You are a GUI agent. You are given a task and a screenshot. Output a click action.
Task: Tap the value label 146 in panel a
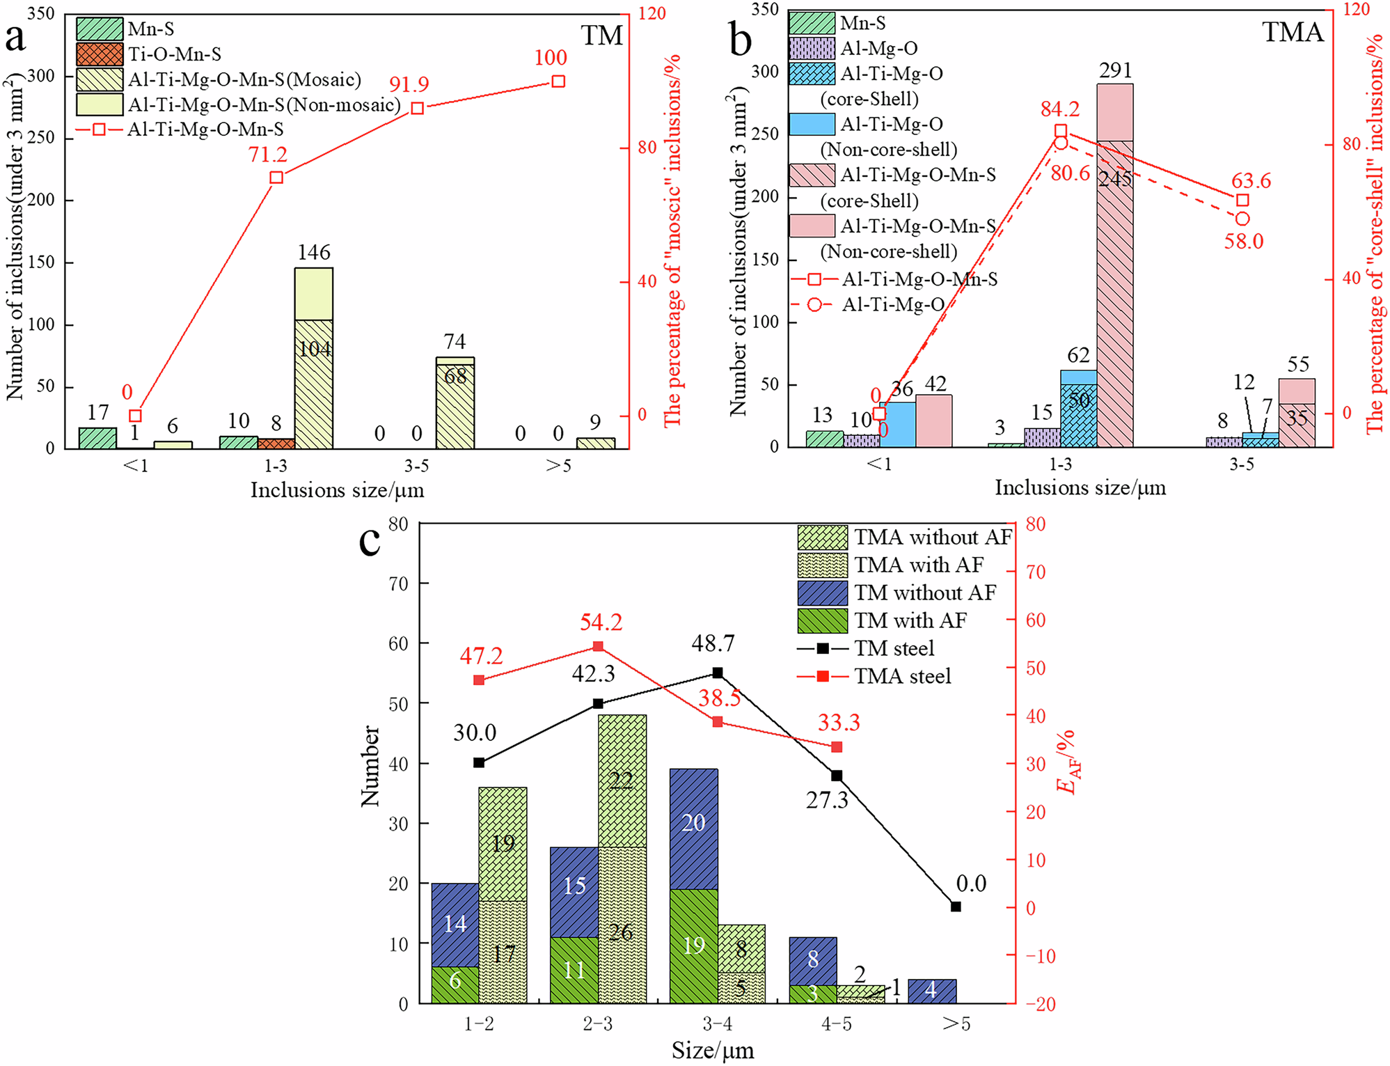coord(314,252)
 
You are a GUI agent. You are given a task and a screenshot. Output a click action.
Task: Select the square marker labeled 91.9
coord(418,108)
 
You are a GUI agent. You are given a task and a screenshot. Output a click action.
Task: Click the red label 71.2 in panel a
coord(267,154)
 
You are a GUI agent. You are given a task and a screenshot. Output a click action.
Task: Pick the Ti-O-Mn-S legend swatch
coord(100,54)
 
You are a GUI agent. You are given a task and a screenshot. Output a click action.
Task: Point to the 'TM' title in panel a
coord(602,36)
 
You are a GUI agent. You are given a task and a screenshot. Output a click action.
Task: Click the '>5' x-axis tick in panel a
coord(558,466)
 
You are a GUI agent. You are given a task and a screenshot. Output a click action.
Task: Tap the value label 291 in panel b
coord(1115,70)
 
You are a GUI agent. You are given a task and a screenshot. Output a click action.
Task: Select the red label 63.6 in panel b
coord(1251,180)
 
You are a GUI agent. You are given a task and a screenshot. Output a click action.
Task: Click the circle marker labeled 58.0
coord(1242,219)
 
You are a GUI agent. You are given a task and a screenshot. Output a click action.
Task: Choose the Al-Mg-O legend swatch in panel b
coord(812,48)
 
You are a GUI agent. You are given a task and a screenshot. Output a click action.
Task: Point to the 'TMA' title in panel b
coord(1292,32)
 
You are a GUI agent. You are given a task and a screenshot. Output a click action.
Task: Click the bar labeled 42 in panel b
coord(933,421)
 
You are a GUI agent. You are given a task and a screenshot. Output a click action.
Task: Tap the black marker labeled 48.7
coord(718,673)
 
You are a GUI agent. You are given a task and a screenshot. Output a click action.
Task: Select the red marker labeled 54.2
coord(598,647)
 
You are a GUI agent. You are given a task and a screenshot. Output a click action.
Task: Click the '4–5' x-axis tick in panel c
coord(837,1024)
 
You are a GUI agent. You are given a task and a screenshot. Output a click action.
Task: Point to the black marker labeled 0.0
coord(956,907)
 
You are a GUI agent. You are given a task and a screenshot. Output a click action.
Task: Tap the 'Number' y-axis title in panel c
coord(370,766)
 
